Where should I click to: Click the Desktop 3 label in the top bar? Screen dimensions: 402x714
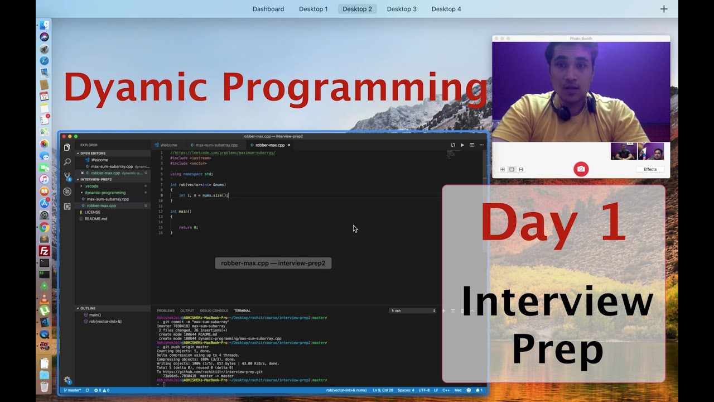(402, 9)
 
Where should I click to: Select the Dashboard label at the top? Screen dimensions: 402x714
(268, 9)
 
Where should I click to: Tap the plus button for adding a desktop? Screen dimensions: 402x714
(664, 9)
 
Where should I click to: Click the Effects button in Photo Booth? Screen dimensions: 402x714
(650, 169)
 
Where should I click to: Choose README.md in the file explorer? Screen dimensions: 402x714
(96, 219)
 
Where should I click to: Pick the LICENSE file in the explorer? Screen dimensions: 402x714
(93, 212)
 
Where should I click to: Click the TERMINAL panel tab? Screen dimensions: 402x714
(242, 310)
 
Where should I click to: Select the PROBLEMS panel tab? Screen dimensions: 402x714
(165, 310)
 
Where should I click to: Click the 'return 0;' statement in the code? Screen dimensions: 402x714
(189, 227)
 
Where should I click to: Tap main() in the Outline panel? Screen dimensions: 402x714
(95, 315)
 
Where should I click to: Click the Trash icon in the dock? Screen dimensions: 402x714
(44, 386)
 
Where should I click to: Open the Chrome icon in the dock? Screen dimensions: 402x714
(44, 227)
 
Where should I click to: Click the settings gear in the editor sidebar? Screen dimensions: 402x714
(67, 380)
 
